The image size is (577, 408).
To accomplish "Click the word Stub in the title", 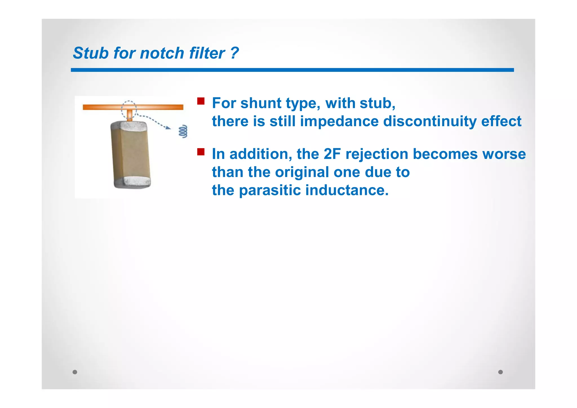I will (90, 53).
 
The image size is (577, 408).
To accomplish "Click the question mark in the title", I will (234, 53).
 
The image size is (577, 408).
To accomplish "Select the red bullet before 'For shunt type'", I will (201, 101).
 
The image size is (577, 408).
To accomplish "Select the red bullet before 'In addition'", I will (201, 152).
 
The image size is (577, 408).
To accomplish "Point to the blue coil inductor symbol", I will (183, 131).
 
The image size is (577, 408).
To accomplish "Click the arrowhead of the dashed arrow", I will (168, 128).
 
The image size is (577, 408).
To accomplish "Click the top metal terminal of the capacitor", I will (130, 126).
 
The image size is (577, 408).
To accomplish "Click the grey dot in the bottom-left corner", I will (75, 372).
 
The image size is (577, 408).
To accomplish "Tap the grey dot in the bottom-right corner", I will (500, 372).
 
